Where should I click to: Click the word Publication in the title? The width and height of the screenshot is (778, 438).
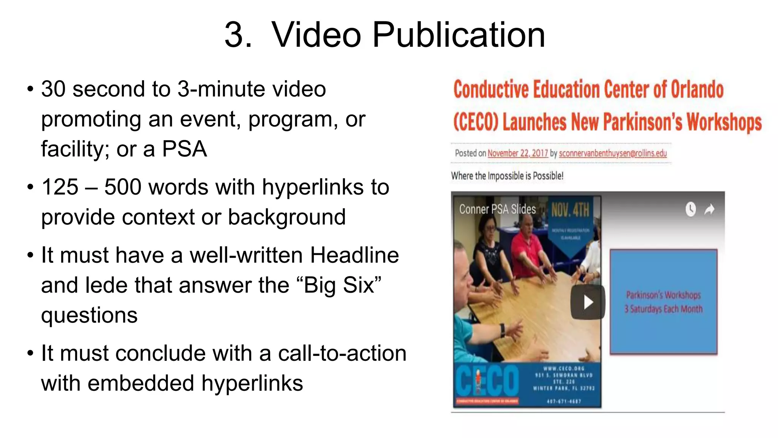tap(459, 35)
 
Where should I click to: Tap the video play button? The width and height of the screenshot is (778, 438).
tap(588, 302)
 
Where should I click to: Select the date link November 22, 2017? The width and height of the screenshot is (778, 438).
tap(517, 153)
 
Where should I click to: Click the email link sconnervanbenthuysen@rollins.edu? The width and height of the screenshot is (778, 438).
tap(613, 153)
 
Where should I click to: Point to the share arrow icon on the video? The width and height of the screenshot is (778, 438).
tap(709, 209)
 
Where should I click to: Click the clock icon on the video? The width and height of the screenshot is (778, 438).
tap(690, 209)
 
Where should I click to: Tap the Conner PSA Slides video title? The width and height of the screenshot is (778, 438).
tap(497, 209)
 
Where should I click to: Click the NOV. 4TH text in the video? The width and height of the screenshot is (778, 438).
tap(570, 210)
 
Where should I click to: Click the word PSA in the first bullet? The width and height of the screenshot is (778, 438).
tap(184, 149)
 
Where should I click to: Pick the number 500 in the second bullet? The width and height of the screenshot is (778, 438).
tap(122, 187)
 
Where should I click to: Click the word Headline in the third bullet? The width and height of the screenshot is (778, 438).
tap(354, 255)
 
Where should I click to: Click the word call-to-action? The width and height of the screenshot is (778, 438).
tap(342, 353)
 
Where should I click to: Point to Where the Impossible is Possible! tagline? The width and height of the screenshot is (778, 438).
tap(507, 176)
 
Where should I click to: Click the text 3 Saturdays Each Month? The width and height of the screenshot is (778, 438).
tap(663, 309)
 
